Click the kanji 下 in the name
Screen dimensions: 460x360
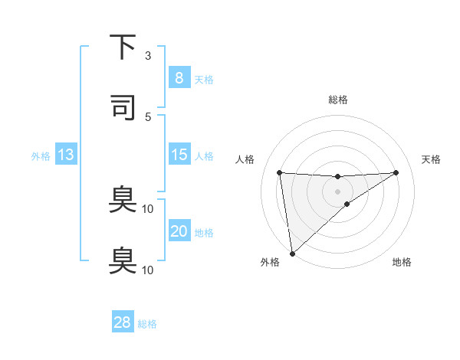point(123,47)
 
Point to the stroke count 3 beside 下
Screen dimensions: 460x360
point(148,56)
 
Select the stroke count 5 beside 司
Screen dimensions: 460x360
point(148,116)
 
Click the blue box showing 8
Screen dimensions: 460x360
point(179,78)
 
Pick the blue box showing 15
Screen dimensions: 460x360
point(179,155)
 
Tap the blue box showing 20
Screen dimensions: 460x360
point(179,231)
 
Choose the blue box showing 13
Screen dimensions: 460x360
point(66,155)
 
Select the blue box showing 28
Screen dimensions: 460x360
point(123,322)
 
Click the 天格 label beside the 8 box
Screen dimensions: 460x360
point(204,79)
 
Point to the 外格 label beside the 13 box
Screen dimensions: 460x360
point(41,155)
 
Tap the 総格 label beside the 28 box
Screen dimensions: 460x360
point(147,323)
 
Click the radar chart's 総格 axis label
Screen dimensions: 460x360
point(337,100)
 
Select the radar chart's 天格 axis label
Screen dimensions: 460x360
point(432,159)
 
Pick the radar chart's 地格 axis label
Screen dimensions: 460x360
point(402,262)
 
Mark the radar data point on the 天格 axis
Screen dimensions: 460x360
point(396,172)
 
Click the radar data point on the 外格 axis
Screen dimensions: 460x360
point(292,253)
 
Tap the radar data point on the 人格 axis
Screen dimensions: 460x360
point(280,172)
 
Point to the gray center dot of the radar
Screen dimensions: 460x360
point(337,191)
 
